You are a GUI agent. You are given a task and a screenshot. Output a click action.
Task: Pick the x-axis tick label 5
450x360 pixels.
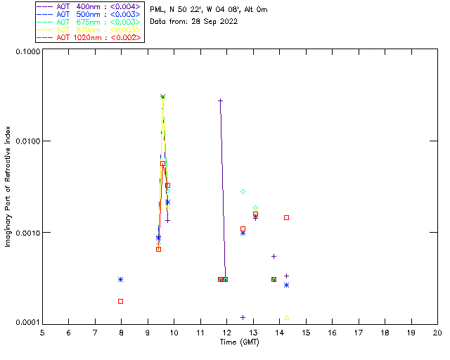click(x=42, y=333)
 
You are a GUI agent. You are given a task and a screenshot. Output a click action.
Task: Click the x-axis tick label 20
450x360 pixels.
click(x=437, y=333)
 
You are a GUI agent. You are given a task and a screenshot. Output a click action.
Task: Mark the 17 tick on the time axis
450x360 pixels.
click(x=358, y=333)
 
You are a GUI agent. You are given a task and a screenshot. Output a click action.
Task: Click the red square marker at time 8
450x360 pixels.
click(x=121, y=301)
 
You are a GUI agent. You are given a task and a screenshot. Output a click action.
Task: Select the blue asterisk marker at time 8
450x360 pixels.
click(x=121, y=279)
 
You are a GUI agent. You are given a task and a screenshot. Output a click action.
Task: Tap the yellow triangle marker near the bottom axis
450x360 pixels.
click(x=286, y=318)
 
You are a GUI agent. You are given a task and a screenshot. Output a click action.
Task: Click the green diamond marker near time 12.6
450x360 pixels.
click(x=243, y=191)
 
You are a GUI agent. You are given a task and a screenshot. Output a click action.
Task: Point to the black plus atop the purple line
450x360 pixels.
click(x=220, y=101)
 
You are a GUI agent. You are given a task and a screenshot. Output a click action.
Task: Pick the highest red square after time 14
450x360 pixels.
click(x=287, y=217)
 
